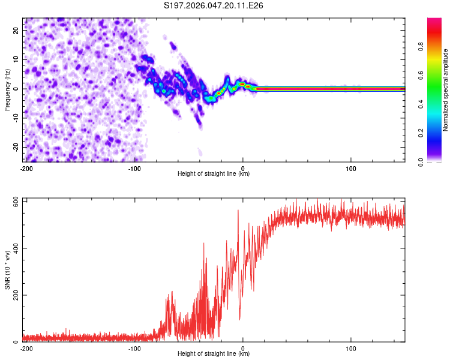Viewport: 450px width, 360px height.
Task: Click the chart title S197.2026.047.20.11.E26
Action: click(214, 6)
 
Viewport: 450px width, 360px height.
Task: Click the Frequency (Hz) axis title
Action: click(8, 89)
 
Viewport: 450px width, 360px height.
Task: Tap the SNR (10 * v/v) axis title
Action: click(8, 269)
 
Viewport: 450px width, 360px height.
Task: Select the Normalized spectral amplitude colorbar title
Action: click(445, 90)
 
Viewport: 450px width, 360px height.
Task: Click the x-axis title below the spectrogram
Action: click(214, 174)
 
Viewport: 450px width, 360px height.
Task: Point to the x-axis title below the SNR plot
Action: click(214, 354)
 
